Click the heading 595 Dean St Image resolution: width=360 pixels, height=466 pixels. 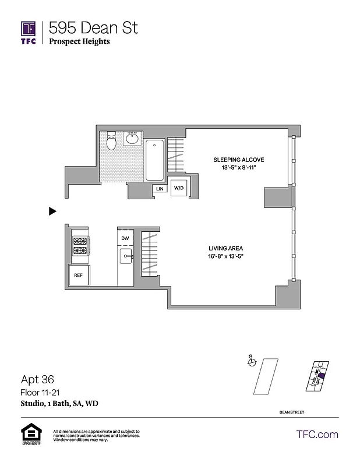94,27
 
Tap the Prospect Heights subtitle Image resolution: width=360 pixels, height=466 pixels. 79,41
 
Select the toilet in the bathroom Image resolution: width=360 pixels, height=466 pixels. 112,140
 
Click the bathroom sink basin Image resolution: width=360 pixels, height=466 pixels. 132,139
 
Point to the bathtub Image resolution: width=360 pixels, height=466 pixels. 155,160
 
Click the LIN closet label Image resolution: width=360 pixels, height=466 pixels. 159,189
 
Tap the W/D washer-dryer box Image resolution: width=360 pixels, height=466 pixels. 178,188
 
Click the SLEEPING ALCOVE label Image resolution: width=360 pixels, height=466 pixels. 238,160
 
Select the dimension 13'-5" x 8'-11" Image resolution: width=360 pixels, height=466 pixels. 238,168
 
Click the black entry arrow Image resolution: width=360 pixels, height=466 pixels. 52,211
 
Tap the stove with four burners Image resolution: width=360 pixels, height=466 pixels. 80,246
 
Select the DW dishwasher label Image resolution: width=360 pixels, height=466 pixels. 125,238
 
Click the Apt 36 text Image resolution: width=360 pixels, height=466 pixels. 37,378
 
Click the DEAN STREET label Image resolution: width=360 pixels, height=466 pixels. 291,412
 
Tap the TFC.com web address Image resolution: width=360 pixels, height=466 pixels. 317,435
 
